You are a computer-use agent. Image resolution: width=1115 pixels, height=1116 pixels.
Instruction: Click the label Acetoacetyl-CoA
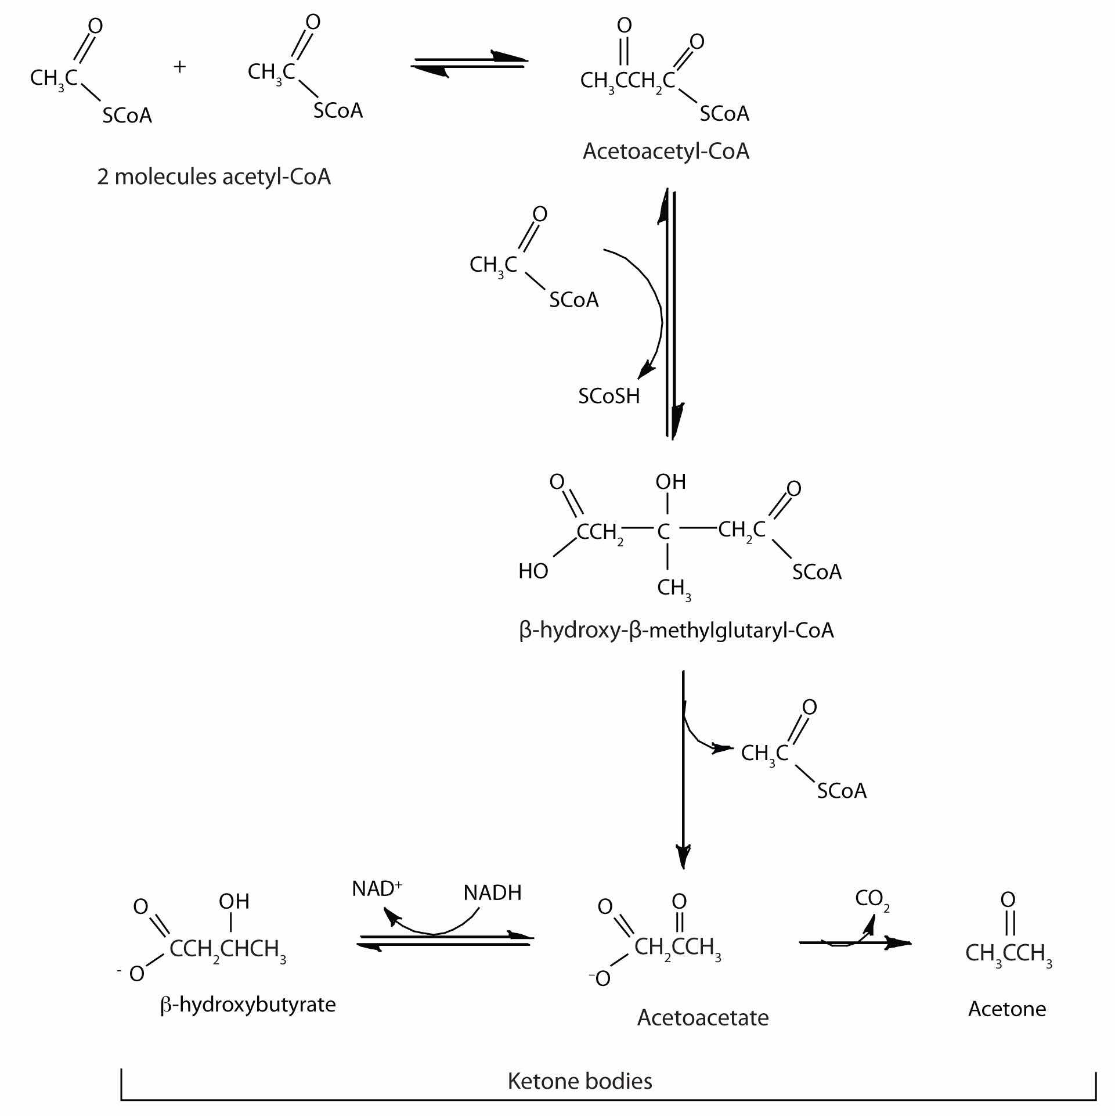coord(666,152)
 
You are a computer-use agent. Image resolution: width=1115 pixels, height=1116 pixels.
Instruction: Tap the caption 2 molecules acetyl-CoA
coord(214,177)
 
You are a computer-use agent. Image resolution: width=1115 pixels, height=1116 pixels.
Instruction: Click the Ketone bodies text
coord(580,1081)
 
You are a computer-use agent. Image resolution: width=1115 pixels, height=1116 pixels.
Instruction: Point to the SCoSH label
coord(609,397)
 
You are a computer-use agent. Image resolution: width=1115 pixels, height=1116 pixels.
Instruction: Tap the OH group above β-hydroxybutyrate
coord(234,901)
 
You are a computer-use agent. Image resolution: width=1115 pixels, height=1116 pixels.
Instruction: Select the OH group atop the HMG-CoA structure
coord(670,481)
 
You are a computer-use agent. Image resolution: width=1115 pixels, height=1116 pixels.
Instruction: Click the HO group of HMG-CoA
coord(533,571)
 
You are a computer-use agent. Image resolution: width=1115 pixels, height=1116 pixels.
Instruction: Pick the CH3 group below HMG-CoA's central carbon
coord(673,588)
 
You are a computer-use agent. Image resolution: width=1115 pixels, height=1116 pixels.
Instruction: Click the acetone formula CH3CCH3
coord(1008,953)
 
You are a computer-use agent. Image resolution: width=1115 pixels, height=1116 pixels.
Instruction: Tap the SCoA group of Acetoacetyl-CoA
coord(724,114)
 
